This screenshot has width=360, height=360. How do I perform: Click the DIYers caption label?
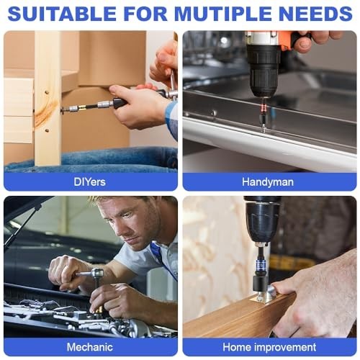point(90,181)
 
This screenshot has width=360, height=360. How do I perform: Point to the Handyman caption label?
point(268,181)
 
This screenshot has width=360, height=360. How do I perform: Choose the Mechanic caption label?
point(90,347)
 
